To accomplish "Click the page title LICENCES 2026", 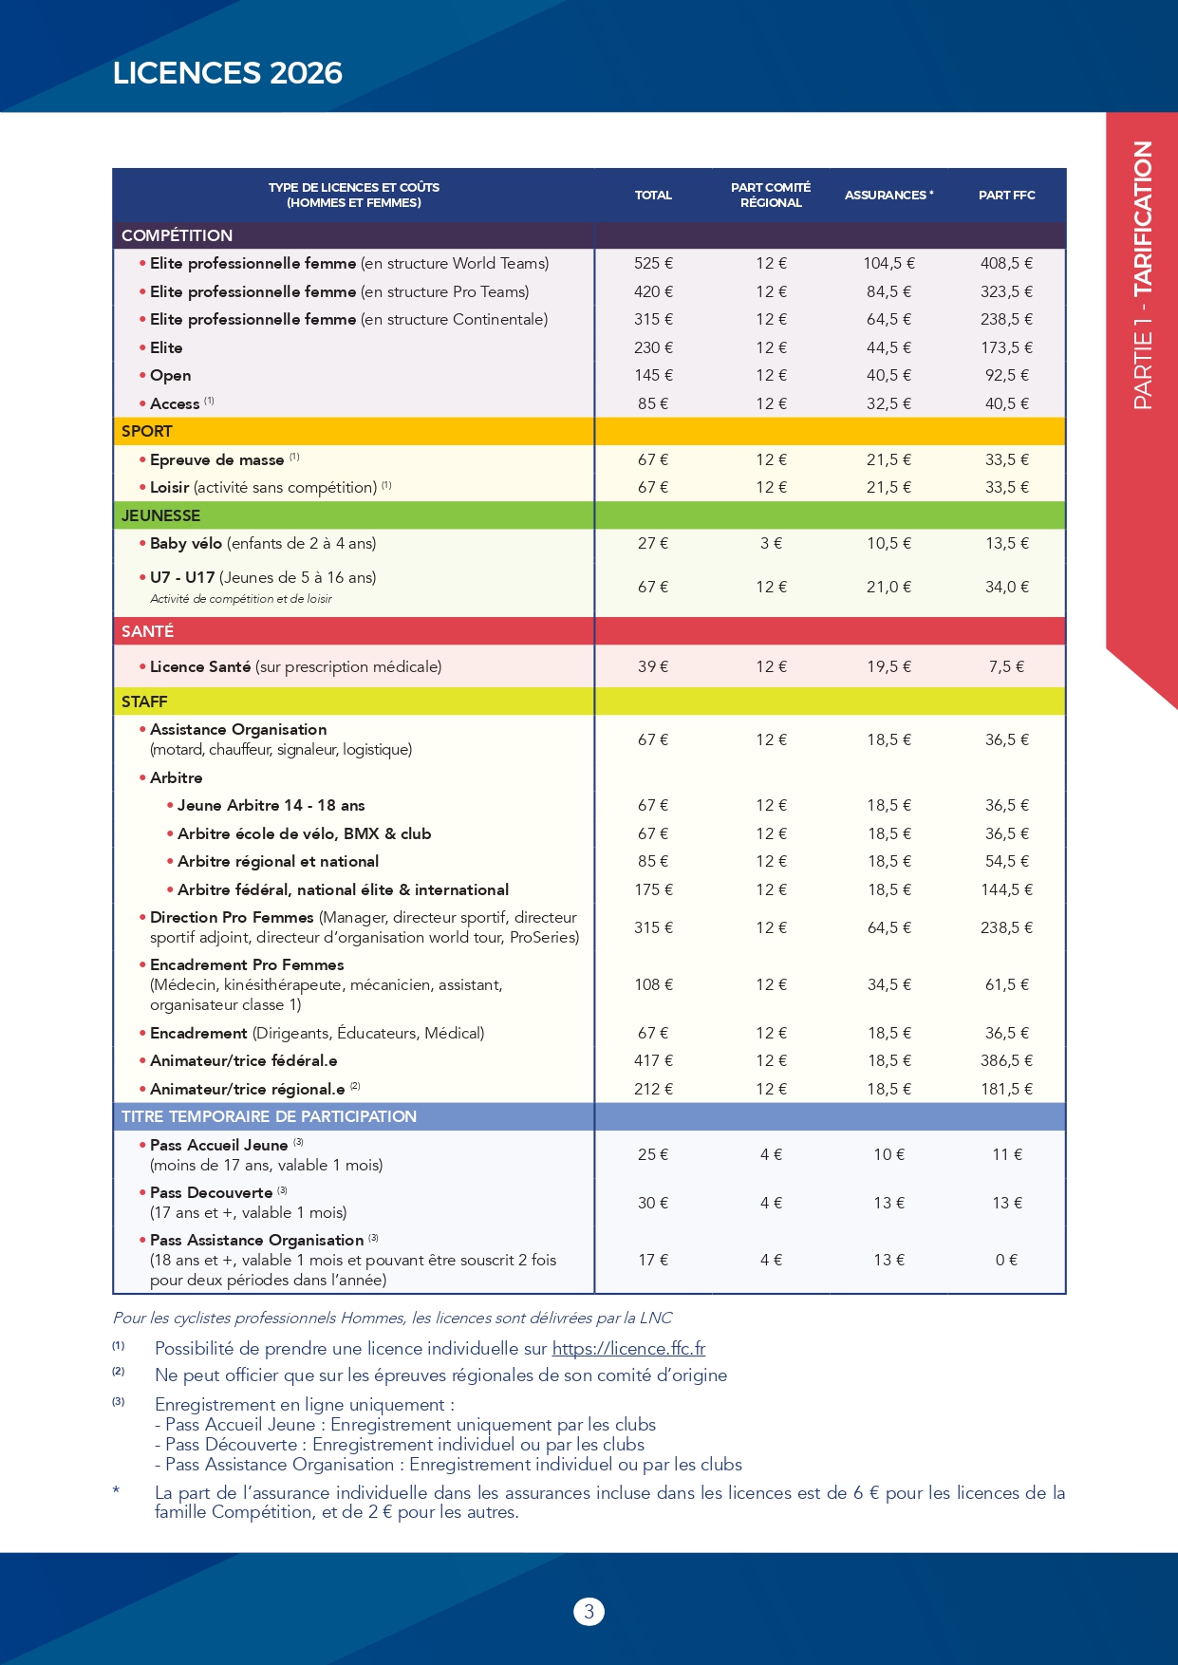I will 227,73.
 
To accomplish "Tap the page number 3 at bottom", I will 589,1611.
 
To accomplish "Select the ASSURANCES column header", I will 888,195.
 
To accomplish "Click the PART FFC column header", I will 1006,195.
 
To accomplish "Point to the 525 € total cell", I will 653,263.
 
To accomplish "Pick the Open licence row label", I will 170,375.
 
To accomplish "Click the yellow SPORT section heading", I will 147,431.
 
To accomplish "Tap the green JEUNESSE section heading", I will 160,515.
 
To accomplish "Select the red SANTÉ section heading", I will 147,631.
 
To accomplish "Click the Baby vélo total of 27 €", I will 653,543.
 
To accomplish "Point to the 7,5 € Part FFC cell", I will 1006,666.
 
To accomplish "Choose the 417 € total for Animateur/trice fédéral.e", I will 653,1060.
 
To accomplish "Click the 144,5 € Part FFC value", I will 1006,889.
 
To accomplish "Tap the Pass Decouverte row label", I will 211,1192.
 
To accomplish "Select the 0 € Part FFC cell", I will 1006,1260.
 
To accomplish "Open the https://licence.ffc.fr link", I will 628,1348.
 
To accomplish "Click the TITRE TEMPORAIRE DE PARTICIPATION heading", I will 269,1116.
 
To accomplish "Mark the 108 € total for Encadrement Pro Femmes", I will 653,984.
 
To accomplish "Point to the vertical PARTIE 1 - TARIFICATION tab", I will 1143,275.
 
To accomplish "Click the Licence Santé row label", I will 200,666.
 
